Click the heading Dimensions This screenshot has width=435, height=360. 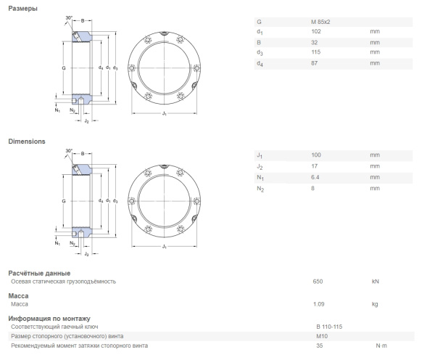27,142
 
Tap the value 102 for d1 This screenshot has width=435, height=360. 316,32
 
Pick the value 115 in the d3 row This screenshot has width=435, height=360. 316,52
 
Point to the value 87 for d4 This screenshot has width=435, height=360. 315,63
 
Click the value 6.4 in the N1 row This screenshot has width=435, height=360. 315,177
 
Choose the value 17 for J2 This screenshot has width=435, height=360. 315,166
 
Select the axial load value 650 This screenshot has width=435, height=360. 317,281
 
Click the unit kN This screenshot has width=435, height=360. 375,281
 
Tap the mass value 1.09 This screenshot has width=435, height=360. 318,304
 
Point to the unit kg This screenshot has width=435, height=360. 375,304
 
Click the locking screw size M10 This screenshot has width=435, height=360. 321,336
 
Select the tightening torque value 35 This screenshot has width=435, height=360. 319,345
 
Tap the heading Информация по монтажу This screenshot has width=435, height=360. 49,319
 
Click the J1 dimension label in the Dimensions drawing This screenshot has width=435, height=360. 165,247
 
